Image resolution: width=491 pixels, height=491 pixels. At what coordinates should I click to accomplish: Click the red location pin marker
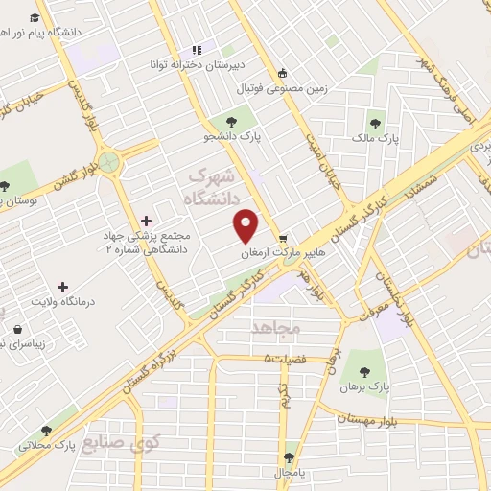(x=247, y=224)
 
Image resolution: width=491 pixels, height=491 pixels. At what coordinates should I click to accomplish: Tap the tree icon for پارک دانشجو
(x=230, y=121)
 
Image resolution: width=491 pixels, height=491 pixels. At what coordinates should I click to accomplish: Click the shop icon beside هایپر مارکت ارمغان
(x=282, y=239)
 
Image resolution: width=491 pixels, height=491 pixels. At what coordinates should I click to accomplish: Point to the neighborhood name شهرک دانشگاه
(x=210, y=188)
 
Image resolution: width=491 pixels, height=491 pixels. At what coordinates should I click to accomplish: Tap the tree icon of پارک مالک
(x=374, y=122)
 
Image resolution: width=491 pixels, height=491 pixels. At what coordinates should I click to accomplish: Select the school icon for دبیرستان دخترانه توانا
(x=197, y=50)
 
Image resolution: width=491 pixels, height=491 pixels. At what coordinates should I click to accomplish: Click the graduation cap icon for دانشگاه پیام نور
(x=35, y=18)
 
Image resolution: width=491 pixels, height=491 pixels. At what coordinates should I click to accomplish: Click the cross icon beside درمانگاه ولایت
(x=63, y=286)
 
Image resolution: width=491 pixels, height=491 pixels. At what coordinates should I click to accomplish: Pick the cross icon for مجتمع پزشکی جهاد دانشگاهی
(x=146, y=222)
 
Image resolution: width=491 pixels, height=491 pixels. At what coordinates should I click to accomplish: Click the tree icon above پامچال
(x=289, y=456)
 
